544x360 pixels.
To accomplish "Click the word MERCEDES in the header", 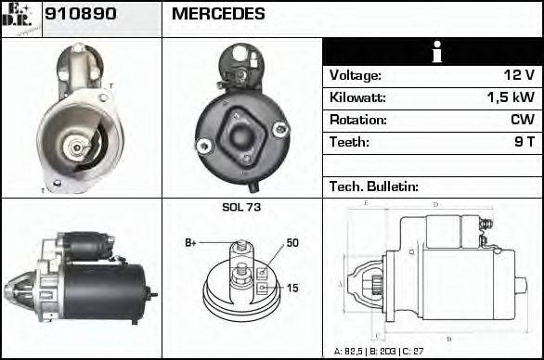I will (x=218, y=15).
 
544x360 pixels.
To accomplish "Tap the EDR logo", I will (x=20, y=17).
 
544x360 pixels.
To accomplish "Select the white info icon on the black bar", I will (x=433, y=52).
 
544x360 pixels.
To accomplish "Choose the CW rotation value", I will (x=522, y=121).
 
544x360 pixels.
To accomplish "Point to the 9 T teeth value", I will (x=525, y=143).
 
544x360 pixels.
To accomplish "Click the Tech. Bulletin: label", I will (x=374, y=186).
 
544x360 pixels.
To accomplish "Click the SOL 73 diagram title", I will (x=241, y=207).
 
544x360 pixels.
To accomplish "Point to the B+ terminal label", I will (x=190, y=243).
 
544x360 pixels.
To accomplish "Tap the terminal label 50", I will (x=292, y=243).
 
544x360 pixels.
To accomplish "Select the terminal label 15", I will (x=291, y=289).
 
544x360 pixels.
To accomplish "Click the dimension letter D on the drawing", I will (x=435, y=204).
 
